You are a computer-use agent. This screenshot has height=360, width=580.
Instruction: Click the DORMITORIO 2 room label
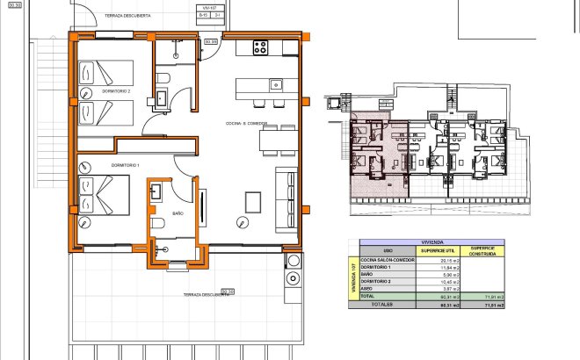pyautogui.click(x=116, y=91)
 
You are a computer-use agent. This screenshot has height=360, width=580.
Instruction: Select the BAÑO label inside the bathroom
pyautogui.click(x=177, y=212)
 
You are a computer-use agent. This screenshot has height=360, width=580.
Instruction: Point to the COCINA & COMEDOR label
pyautogui.click(x=246, y=123)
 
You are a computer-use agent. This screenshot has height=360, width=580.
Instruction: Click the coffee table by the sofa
pyautogui.click(x=253, y=201)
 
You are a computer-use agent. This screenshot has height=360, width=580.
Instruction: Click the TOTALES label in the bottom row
pyautogui.click(x=380, y=304)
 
